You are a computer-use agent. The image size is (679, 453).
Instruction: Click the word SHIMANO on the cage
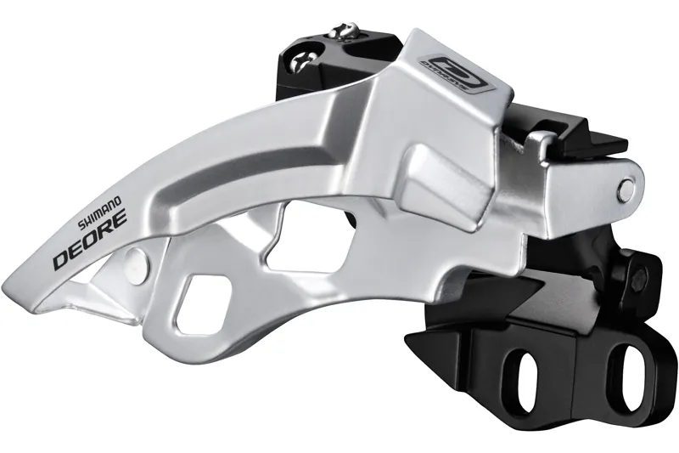100,208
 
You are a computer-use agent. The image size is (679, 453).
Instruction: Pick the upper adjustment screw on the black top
344,31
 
